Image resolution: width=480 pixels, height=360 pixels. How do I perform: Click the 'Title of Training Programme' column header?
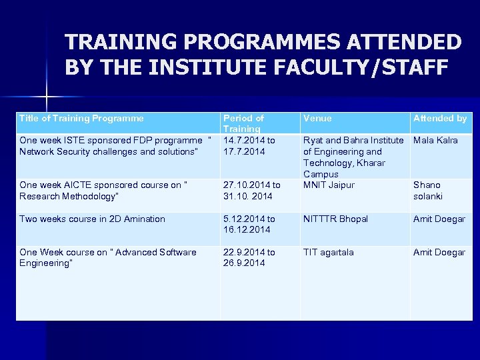click(x=81, y=119)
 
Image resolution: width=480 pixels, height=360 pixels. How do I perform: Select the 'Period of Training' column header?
click(x=243, y=123)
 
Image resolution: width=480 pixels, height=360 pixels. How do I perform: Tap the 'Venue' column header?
click(x=317, y=119)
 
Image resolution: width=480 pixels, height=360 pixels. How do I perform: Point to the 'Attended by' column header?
click(x=440, y=119)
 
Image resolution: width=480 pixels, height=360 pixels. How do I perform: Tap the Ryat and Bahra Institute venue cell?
click(x=353, y=157)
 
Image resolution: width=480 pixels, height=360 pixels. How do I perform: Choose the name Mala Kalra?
click(x=435, y=141)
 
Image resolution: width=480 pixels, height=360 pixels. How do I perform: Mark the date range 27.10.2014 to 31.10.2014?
click(x=251, y=191)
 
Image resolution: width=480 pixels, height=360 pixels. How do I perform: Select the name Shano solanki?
click(x=427, y=191)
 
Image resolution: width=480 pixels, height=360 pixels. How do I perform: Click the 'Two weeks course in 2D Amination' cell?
click(x=92, y=219)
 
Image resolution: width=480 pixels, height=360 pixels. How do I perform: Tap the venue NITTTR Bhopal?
click(x=335, y=219)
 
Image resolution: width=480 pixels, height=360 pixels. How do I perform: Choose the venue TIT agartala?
click(x=329, y=253)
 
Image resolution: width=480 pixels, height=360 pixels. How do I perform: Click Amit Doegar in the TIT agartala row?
click(x=439, y=253)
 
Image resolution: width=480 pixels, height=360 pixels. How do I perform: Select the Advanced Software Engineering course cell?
click(x=108, y=257)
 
